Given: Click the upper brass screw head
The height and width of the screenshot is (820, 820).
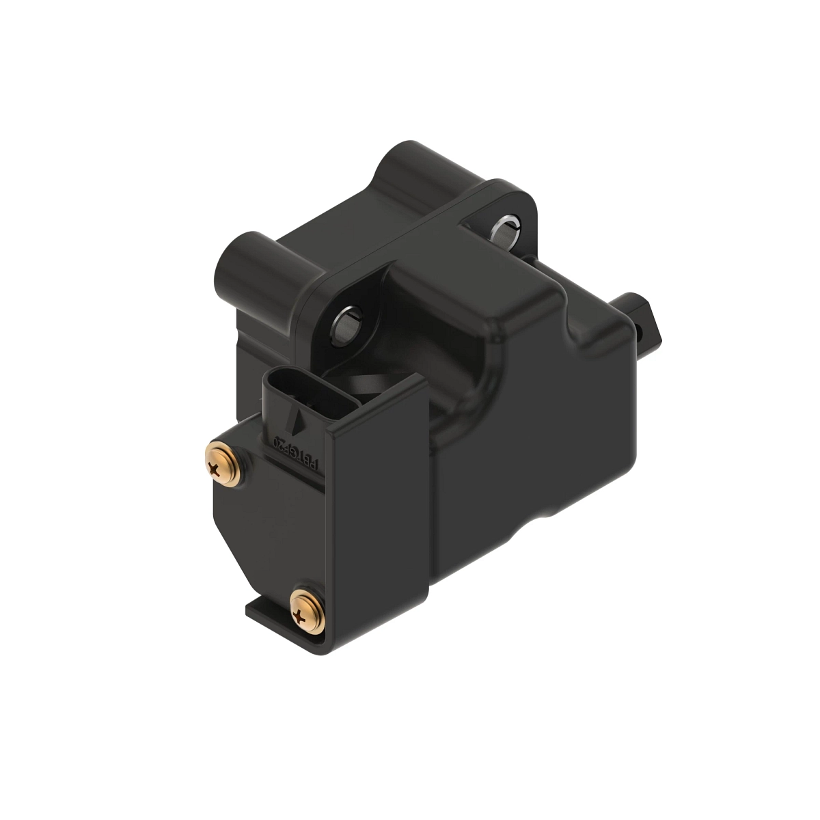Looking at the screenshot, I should click(221, 467).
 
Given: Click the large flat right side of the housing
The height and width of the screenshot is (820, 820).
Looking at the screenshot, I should click(547, 437).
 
